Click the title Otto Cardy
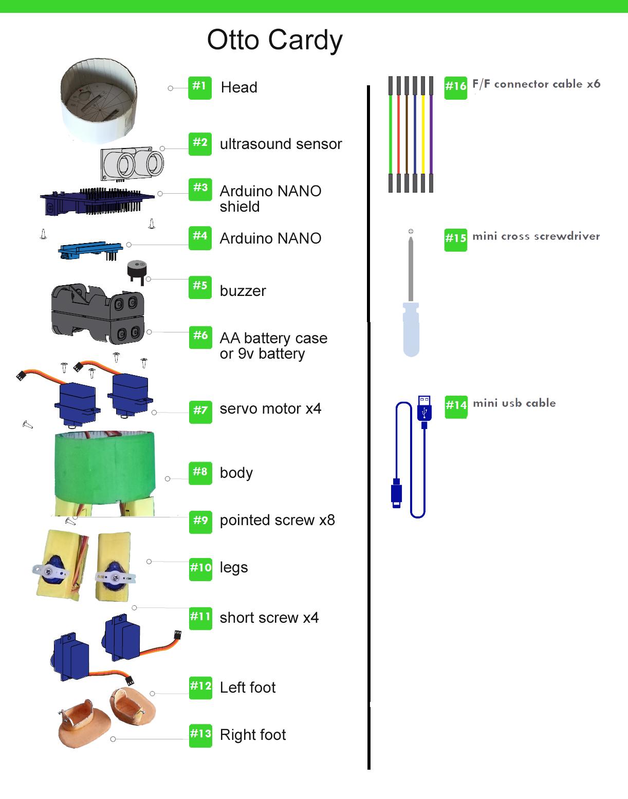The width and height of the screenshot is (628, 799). (x=274, y=41)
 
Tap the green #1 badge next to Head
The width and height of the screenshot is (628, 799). (x=199, y=88)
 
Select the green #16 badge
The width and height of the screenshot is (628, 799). (x=455, y=88)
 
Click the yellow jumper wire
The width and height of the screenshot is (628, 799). (x=423, y=134)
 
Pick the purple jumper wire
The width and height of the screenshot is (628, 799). (x=431, y=134)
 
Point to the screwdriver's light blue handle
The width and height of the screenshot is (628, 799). (x=411, y=329)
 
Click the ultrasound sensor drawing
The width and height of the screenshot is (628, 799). (x=132, y=164)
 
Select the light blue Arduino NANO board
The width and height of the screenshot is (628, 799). (x=90, y=250)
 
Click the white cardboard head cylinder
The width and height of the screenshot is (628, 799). (x=99, y=100)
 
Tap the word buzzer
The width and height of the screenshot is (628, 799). (x=243, y=291)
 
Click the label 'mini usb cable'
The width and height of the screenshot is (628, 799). (x=514, y=403)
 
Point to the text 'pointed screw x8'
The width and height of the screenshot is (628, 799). (x=277, y=521)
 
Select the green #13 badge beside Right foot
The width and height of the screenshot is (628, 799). (x=200, y=735)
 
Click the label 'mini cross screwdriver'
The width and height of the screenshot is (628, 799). (x=536, y=236)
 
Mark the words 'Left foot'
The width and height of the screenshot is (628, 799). (x=248, y=687)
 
